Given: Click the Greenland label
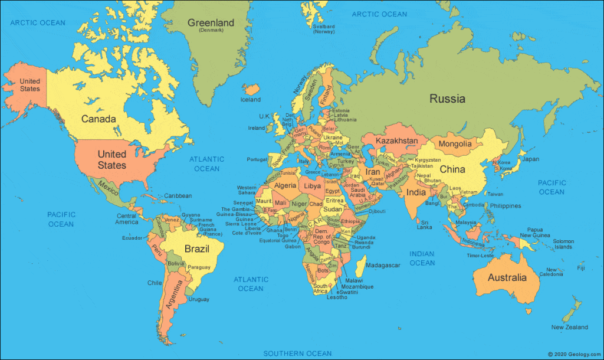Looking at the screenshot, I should pyautogui.click(x=211, y=23).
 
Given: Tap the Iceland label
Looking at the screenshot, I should pyautogui.click(x=250, y=100).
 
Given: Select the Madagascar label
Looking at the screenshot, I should pyautogui.click(x=383, y=266).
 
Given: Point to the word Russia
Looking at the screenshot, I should pyautogui.click(x=447, y=99).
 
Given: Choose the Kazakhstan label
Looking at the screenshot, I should pyautogui.click(x=396, y=141).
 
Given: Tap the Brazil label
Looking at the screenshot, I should pyautogui.click(x=197, y=249).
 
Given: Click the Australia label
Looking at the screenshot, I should pyautogui.click(x=507, y=277).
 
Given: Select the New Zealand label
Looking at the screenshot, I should pyautogui.click(x=569, y=327).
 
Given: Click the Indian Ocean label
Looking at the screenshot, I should pyautogui.click(x=422, y=258).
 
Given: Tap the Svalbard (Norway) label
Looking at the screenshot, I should pyautogui.click(x=324, y=29).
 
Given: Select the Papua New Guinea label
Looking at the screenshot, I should pyautogui.click(x=535, y=233).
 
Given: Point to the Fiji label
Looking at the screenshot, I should pyautogui.click(x=581, y=269).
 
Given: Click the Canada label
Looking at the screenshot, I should pyautogui.click(x=99, y=119).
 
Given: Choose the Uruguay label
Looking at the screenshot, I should pyautogui.click(x=199, y=299).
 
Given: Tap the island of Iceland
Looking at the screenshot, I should pyautogui.click(x=252, y=89).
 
